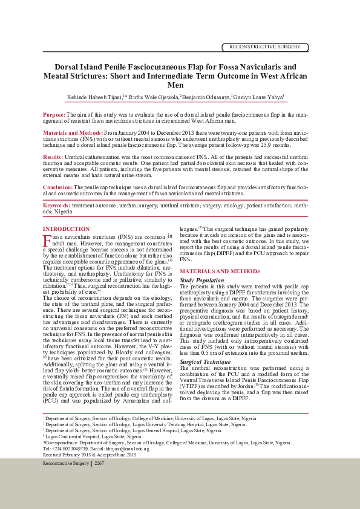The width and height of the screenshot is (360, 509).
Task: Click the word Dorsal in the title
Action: coord(68,66)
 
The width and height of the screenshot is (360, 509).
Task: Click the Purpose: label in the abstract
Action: coord(54,114)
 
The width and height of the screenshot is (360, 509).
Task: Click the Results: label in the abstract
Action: coord(53,157)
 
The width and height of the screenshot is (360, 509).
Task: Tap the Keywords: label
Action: coord(57,206)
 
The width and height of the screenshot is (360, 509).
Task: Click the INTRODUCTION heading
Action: coord(66,229)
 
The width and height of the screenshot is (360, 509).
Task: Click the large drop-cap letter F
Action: coord(47,241)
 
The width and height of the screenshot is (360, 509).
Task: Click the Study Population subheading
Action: coord(202,280)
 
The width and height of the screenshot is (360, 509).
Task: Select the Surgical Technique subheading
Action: coord(205,361)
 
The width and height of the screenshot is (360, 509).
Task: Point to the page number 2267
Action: coord(100,463)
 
